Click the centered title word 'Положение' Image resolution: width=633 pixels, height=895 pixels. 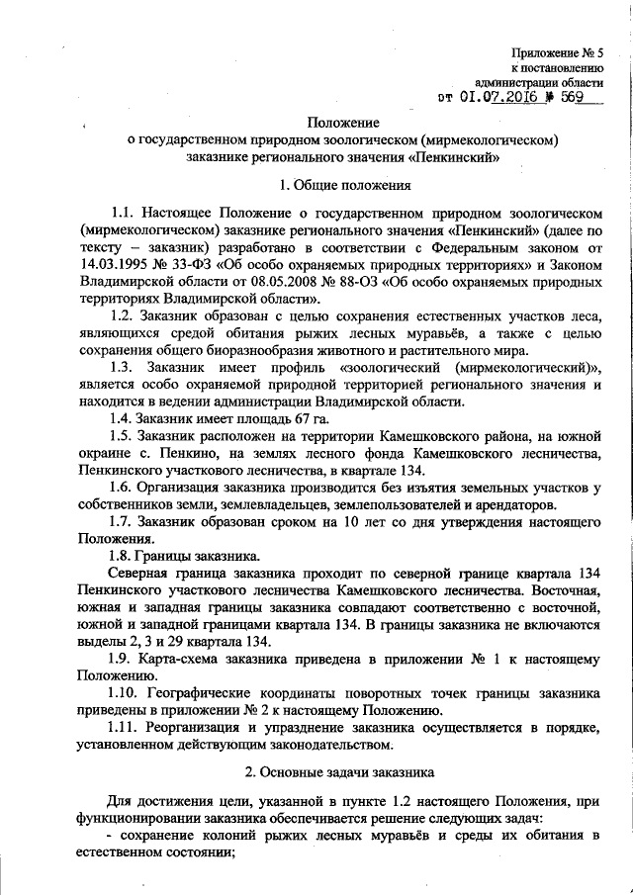tap(343, 122)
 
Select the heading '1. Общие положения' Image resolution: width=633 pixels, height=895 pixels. tap(343, 183)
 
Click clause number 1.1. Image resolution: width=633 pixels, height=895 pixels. tap(124, 212)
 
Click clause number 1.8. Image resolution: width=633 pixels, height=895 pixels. tap(124, 557)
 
